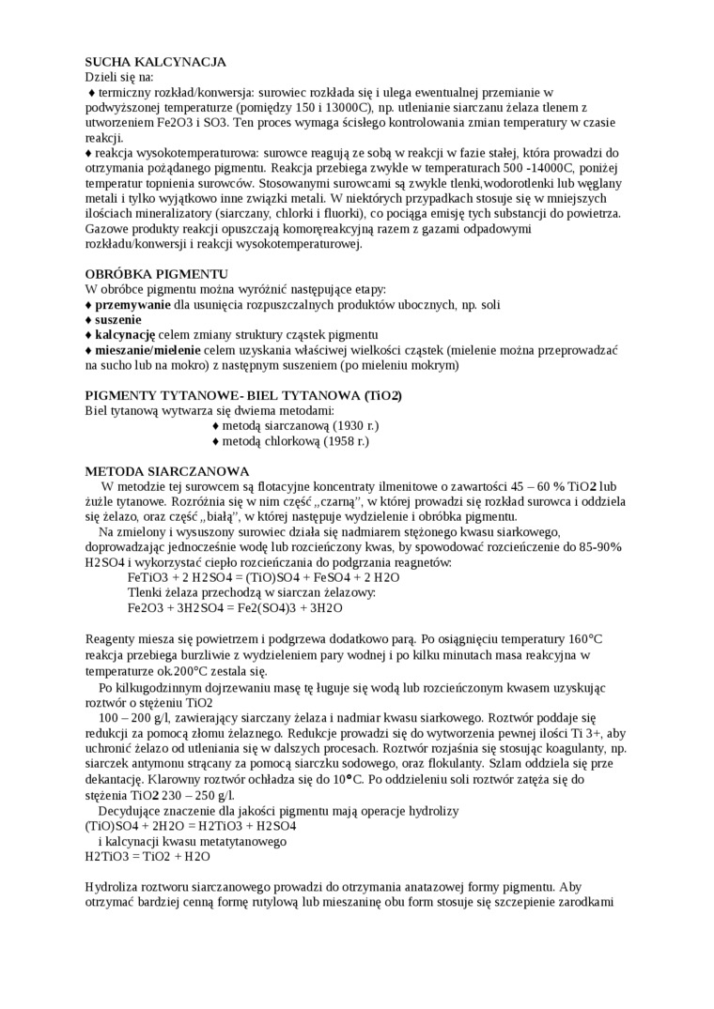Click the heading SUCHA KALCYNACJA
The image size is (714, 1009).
click(x=156, y=62)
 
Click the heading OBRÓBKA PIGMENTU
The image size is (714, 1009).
click(x=151, y=273)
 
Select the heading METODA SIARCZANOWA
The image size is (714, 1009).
click(x=167, y=470)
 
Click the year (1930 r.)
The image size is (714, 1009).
click(x=351, y=425)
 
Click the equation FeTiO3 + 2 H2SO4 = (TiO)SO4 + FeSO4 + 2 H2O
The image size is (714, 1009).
click(x=263, y=577)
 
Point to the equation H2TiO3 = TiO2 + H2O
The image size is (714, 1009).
click(x=147, y=856)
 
